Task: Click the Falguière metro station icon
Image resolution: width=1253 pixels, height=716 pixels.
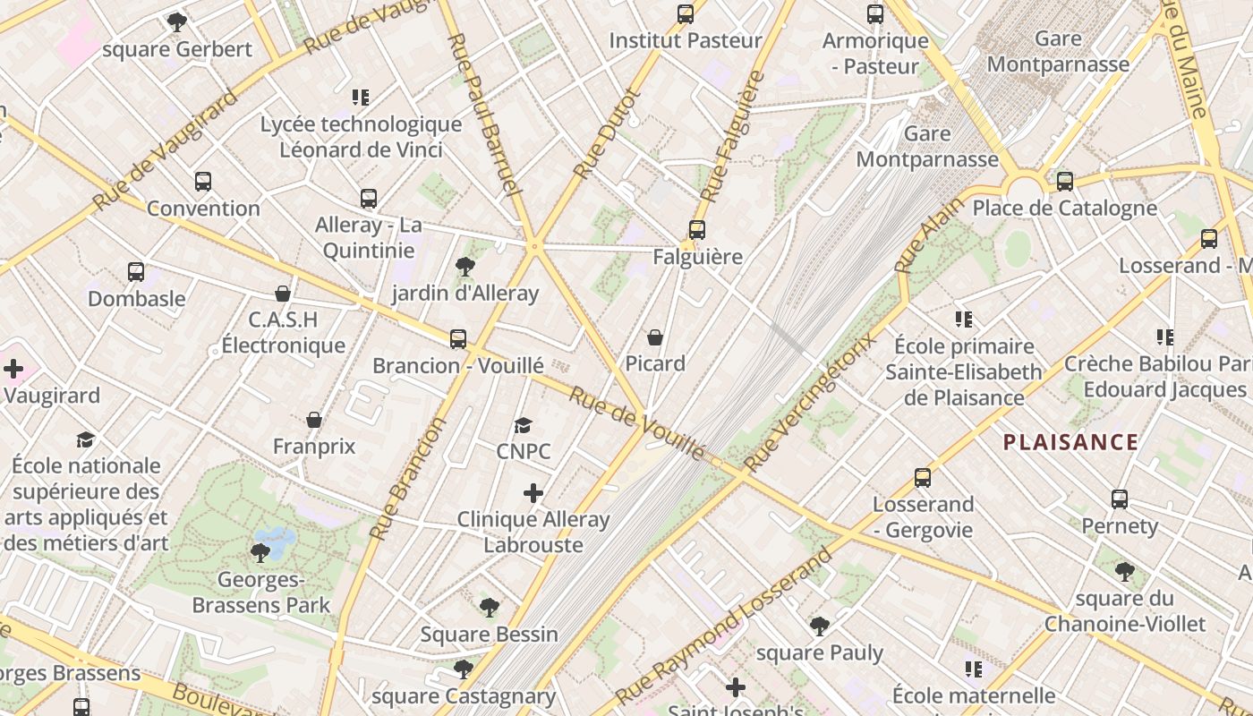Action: [x=697, y=230]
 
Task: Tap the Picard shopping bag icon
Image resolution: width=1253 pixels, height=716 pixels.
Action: [x=655, y=337]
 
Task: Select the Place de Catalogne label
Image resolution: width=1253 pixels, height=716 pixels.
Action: [x=1064, y=209]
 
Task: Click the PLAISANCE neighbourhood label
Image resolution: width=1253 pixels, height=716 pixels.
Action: [x=1070, y=441]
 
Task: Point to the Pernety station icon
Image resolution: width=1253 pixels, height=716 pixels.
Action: [x=1120, y=499]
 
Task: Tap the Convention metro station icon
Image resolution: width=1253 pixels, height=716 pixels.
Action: [x=203, y=182]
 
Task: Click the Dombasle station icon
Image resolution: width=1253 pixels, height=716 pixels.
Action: [x=136, y=272]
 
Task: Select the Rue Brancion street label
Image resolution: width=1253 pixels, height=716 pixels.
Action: [x=408, y=479]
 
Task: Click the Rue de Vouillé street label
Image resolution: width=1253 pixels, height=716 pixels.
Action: [x=636, y=424]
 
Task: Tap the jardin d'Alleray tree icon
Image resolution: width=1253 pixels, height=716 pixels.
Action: [x=465, y=266]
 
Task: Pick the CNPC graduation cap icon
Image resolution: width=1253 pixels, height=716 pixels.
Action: [x=524, y=425]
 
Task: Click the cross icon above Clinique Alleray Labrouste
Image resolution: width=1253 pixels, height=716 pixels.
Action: [x=533, y=493]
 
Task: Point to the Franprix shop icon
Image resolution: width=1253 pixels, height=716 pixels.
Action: [x=314, y=420]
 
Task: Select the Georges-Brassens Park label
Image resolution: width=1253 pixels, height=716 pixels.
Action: [x=261, y=592]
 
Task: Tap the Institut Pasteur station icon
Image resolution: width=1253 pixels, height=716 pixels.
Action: [x=686, y=14]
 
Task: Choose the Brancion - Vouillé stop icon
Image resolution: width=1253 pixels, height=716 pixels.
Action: [x=458, y=338]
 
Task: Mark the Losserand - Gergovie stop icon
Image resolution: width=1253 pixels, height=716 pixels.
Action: [x=923, y=478]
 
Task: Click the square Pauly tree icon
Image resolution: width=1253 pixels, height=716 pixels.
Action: [x=819, y=626]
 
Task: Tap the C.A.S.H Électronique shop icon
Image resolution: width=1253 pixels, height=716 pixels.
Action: [x=283, y=294]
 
